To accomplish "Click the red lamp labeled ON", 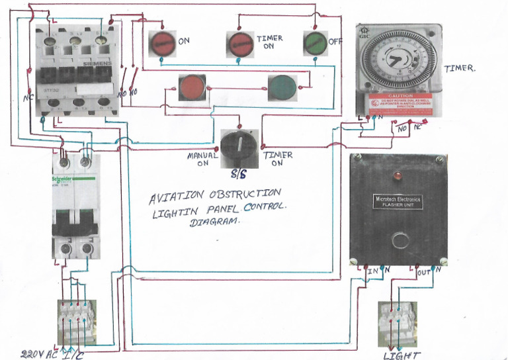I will pyautogui.click(x=161, y=44).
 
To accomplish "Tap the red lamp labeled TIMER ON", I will pyautogui.click(x=240, y=44).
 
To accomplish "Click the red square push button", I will pyautogui.click(x=192, y=87).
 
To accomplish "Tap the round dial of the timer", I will pyautogui.click(x=398, y=62).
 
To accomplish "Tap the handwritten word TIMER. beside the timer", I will pyautogui.click(x=459, y=69).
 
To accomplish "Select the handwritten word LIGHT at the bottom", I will pyautogui.click(x=402, y=355).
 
